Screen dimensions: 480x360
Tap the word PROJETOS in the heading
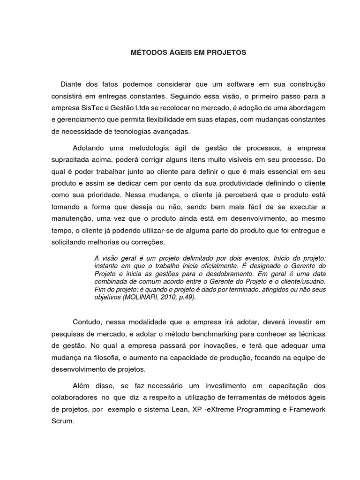pos(228,53)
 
